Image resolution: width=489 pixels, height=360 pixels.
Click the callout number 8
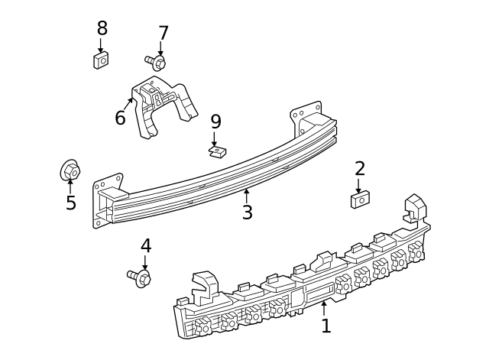coord(102,28)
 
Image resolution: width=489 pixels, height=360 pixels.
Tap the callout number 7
coord(164,33)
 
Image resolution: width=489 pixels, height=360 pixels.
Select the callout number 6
coord(120,118)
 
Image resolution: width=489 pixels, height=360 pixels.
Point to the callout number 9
coord(215,122)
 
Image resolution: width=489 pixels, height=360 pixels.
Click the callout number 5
coord(71,203)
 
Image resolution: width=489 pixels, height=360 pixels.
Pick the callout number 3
coord(247,212)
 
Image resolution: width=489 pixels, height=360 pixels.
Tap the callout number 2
coord(360,168)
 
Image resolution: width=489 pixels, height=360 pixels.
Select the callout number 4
coord(146,245)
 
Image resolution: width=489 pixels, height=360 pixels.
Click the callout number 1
coord(326,326)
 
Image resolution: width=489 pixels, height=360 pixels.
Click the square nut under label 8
coord(101,60)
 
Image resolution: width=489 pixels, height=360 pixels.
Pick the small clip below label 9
coord(217,152)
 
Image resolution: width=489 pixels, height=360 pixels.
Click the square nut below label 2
coord(360,200)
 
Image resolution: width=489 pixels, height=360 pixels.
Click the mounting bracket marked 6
coord(164,106)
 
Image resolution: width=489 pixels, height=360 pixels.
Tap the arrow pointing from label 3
coord(247,196)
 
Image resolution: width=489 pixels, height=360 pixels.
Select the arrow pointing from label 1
coord(324,309)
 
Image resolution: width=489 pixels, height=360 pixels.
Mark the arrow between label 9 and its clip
coord(214,139)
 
